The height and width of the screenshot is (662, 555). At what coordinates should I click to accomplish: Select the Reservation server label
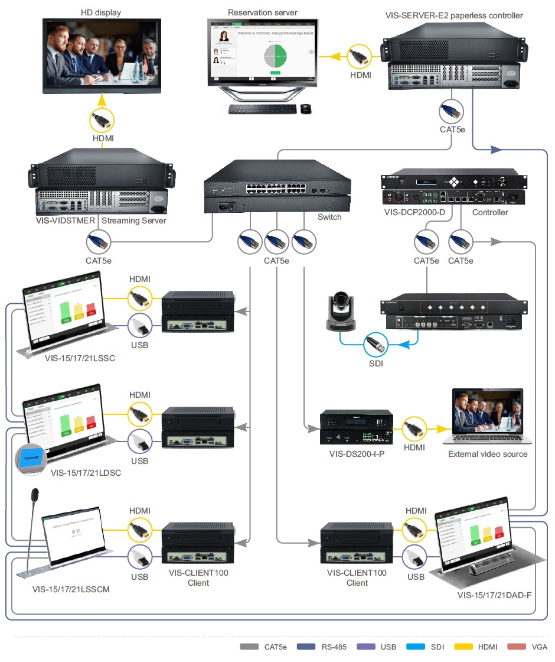pyautogui.click(x=262, y=12)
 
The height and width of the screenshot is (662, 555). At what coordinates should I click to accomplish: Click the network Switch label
pyautogui.click(x=329, y=217)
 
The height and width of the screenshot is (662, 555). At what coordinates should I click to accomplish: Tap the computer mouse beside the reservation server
pyautogui.click(x=306, y=109)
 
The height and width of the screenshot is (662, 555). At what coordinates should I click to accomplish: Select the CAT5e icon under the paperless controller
pyautogui.click(x=452, y=112)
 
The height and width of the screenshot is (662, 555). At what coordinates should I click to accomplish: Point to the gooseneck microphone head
pyautogui.click(x=35, y=493)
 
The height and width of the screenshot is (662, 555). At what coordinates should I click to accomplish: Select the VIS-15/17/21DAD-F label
pyautogui.click(x=494, y=594)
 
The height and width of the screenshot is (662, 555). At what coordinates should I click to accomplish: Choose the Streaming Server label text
pyautogui.click(x=134, y=221)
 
